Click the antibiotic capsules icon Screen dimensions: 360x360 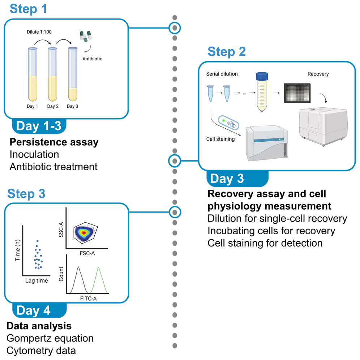[86, 37]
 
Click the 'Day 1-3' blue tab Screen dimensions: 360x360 [39, 126]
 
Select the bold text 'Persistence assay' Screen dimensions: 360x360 [54, 142]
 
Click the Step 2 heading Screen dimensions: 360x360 [227, 51]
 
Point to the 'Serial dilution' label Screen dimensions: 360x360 [222, 74]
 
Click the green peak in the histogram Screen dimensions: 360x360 [99, 280]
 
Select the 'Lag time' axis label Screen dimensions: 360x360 [37, 280]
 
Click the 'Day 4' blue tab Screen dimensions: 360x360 [34, 310]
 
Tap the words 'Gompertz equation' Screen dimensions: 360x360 [50, 338]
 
